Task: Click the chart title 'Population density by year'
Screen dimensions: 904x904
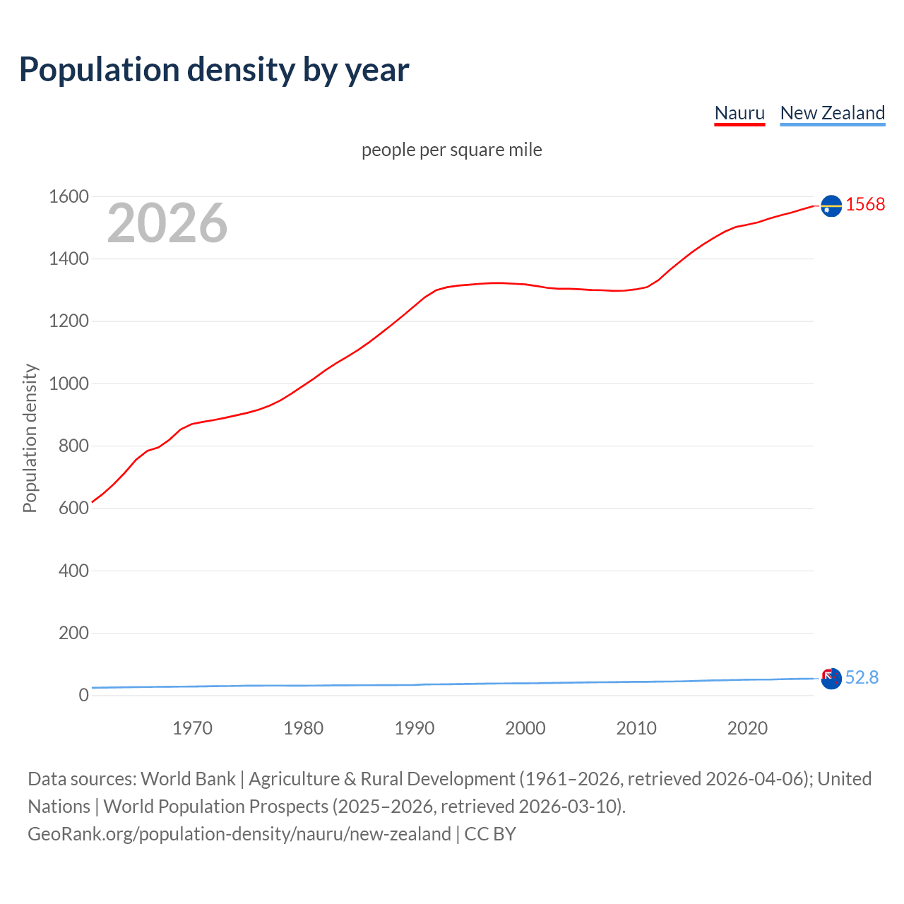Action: [x=214, y=70]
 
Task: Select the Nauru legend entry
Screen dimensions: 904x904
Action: [x=739, y=113]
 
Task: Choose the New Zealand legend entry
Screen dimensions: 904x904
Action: [x=832, y=113]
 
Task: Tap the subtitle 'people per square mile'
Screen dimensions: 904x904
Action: [x=451, y=150]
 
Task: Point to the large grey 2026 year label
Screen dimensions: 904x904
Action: [x=167, y=223]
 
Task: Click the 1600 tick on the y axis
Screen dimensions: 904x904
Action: [x=69, y=197]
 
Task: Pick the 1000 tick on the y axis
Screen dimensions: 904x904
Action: [x=69, y=384]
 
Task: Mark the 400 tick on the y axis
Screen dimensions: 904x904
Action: [x=73, y=571]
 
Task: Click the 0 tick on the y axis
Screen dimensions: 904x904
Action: [x=83, y=696]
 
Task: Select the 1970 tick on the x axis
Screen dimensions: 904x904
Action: [x=192, y=728]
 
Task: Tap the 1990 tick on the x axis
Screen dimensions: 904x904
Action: [x=415, y=728]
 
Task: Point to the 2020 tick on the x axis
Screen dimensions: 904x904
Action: [x=747, y=728]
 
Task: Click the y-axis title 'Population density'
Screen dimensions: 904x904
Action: [x=30, y=438]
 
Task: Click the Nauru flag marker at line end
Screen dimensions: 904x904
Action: [x=831, y=206]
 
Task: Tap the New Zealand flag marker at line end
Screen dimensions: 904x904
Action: [x=831, y=679]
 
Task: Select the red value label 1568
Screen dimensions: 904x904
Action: [x=865, y=205]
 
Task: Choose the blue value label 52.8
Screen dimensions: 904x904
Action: [x=862, y=678]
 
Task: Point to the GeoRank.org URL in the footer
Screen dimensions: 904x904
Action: [x=239, y=834]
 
